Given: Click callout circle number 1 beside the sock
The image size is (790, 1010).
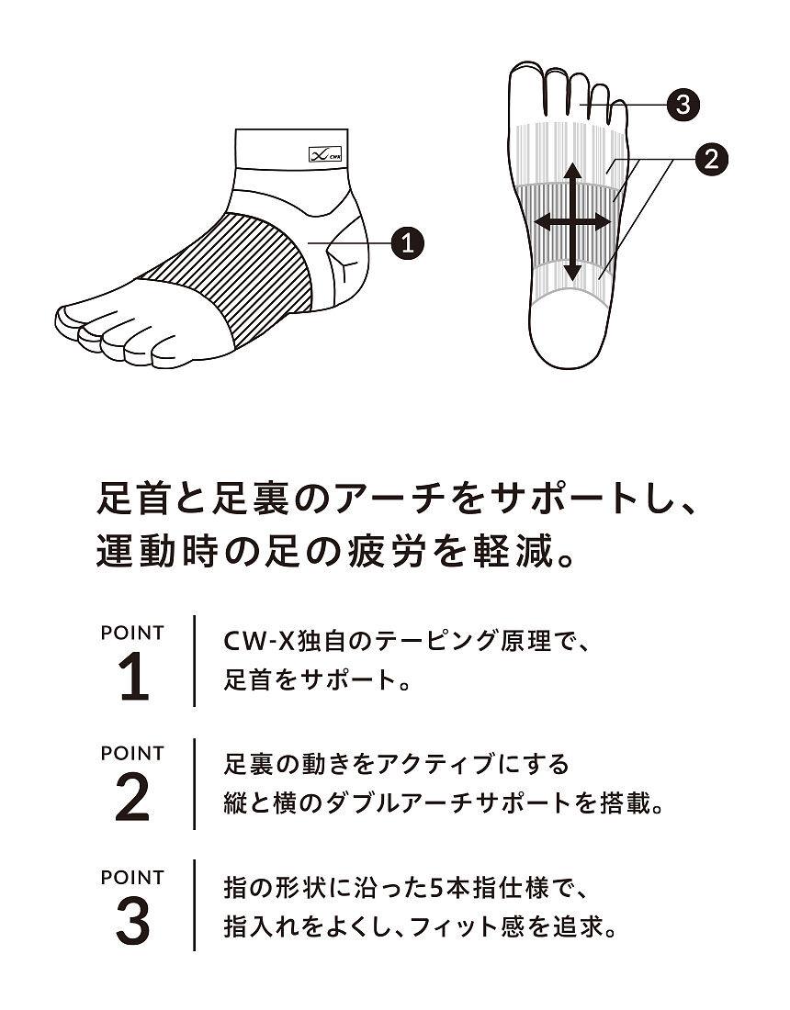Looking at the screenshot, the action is (407, 242).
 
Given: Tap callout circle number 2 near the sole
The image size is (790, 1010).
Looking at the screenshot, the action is (711, 159).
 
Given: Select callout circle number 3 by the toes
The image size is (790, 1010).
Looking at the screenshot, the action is (683, 104).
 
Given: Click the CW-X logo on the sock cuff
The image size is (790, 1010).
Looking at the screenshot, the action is (325, 154).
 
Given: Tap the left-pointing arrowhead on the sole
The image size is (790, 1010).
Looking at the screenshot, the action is (545, 223).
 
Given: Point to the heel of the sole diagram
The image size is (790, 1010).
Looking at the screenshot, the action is (571, 330).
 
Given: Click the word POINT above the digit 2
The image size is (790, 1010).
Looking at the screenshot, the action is (133, 753).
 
